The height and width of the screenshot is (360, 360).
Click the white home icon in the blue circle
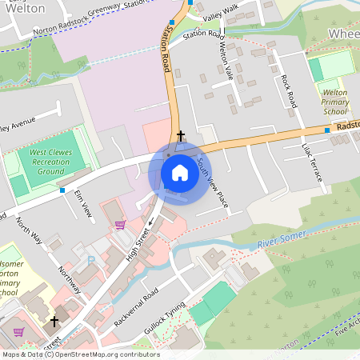tap(180, 173)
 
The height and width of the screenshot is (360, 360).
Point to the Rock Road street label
tap(289, 90)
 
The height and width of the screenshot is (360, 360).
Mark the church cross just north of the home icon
tap(181, 136)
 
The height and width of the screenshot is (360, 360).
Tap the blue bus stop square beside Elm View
tap(62, 190)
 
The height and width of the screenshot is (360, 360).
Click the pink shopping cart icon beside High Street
tap(120, 225)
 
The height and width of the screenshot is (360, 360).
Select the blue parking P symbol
tap(90, 260)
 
